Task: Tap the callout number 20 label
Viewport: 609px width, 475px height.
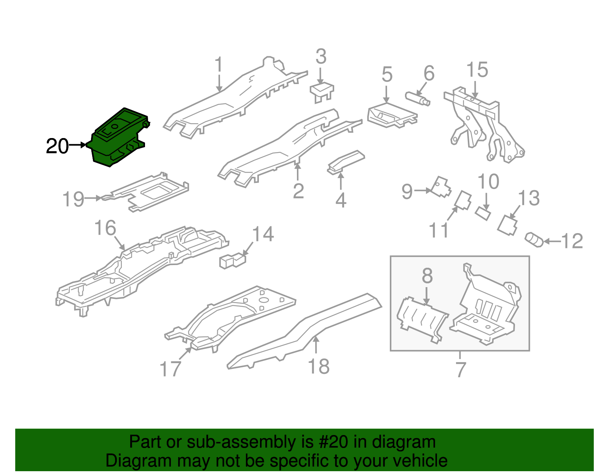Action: (57, 146)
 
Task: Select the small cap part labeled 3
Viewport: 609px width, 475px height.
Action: (322, 91)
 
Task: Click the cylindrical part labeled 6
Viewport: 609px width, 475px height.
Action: (418, 98)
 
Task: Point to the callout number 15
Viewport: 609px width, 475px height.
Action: (477, 70)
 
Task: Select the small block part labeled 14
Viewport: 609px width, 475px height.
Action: (232, 261)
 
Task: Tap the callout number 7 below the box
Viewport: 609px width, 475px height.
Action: (461, 369)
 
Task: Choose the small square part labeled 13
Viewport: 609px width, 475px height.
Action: (508, 225)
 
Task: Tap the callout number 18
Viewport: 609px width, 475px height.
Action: (319, 367)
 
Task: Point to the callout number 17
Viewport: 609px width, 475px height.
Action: (170, 369)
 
